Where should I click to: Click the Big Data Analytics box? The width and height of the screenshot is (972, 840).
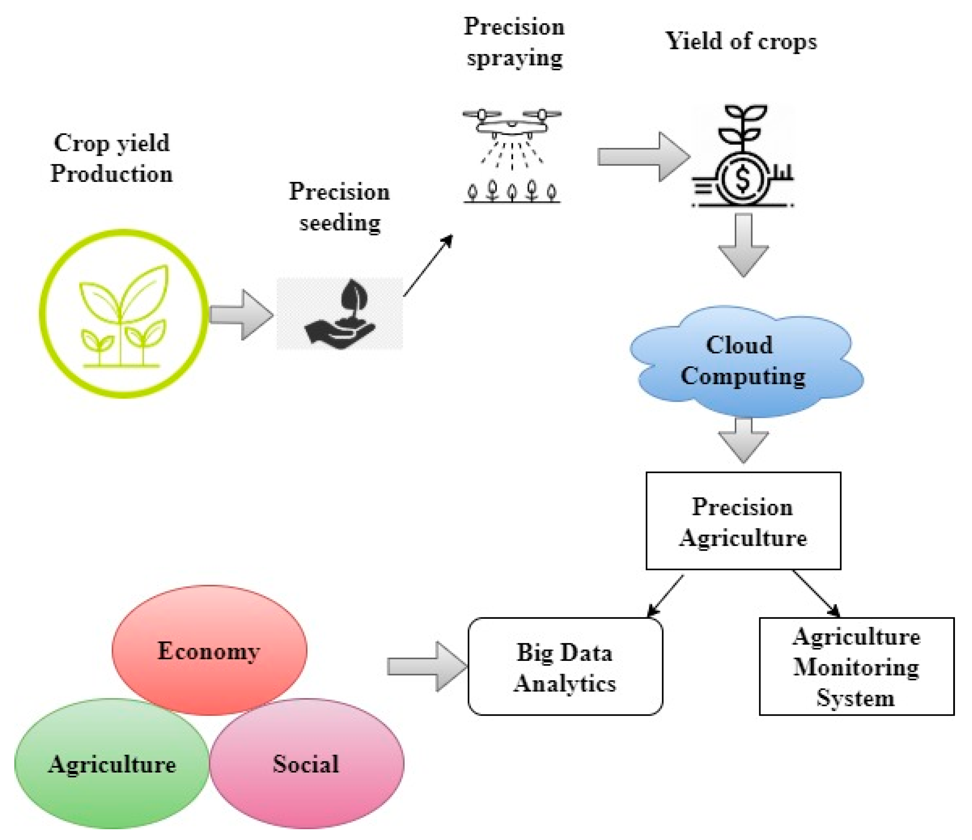click(565, 666)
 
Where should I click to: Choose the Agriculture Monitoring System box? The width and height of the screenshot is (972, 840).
click(856, 666)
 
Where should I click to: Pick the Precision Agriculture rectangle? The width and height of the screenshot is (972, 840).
click(743, 521)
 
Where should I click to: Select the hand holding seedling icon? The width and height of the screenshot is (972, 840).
click(340, 314)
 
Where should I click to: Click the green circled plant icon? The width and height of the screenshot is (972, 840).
click(124, 313)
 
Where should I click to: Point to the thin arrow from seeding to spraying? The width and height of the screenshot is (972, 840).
click(428, 265)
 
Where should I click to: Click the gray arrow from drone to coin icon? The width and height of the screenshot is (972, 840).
click(643, 157)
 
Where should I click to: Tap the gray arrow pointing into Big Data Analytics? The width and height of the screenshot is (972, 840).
click(427, 666)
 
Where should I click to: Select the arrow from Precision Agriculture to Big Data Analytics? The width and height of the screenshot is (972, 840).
click(665, 595)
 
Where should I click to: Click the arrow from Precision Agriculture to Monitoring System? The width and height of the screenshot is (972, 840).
click(816, 593)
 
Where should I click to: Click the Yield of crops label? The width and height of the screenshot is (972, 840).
click(741, 41)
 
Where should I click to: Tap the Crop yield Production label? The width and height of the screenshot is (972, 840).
click(112, 158)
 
